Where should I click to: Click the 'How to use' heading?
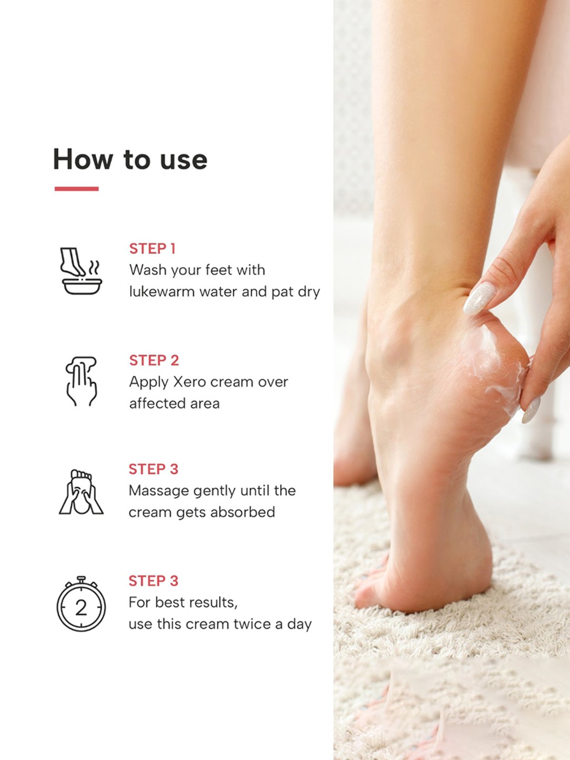[130, 160]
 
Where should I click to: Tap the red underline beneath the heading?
[76, 189]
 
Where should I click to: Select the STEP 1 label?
[152, 249]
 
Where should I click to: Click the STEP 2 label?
[154, 361]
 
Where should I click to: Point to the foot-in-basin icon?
[81, 271]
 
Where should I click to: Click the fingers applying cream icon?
[81, 381]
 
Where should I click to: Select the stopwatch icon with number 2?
[81, 604]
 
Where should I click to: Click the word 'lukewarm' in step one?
[162, 292]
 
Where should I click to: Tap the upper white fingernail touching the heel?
[480, 298]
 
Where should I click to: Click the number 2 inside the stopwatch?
[81, 608]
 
